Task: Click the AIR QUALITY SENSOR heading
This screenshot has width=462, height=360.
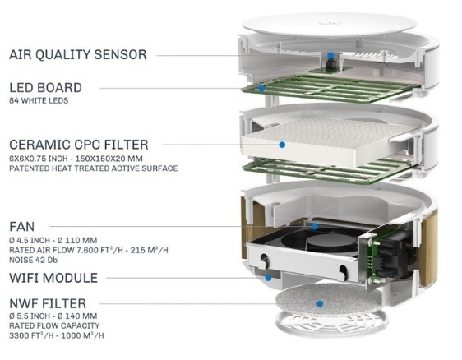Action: pos(78,55)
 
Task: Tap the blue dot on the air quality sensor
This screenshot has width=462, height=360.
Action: pos(330,55)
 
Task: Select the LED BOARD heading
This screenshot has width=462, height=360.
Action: pos(46,88)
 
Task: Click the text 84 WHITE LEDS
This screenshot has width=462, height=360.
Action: pos(39,101)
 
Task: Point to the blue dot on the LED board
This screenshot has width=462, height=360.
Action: pos(261,88)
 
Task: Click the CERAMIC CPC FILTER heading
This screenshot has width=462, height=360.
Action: pos(79,145)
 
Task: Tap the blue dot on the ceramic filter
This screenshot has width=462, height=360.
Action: pos(282,145)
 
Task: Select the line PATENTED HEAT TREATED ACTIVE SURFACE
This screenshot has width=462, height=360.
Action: pos(94,168)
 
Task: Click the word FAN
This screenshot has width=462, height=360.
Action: pos(22,227)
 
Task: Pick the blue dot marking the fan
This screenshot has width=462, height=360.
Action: pos(315,227)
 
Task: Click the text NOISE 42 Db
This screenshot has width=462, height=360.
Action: pos(34,260)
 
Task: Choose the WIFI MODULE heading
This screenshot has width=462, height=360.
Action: pos(53,278)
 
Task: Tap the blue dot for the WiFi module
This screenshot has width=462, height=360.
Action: pos(268,278)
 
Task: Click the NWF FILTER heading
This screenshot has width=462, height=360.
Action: pos(48,303)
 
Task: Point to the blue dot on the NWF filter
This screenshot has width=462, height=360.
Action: pos(320,304)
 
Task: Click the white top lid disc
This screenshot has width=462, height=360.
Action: pos(330,25)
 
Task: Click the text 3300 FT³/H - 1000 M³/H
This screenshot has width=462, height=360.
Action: pos(57,335)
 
